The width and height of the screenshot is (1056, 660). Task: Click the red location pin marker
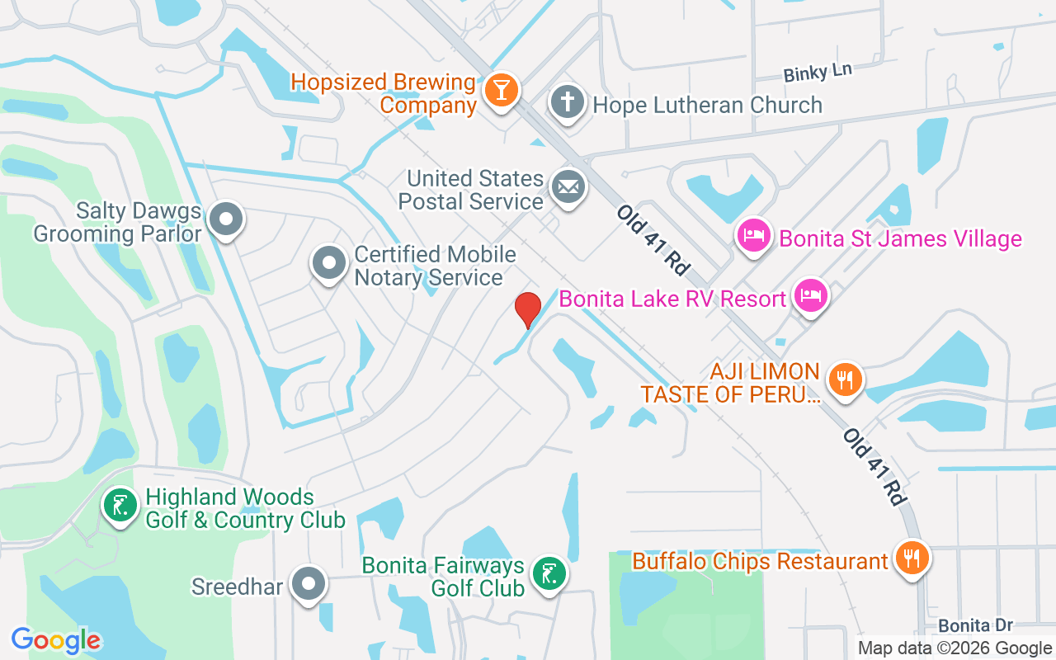tap(527, 309)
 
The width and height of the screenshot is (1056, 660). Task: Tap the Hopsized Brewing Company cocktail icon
tap(500, 88)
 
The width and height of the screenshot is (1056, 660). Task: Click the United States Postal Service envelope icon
tap(567, 187)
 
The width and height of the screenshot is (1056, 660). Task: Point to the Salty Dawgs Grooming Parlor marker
tap(225, 219)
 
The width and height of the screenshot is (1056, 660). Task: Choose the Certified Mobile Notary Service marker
tap(329, 264)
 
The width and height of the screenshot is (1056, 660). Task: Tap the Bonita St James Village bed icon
tap(753, 237)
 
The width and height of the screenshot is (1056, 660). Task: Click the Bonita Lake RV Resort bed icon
tap(811, 295)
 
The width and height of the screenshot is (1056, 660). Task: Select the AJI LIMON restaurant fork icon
tap(844, 380)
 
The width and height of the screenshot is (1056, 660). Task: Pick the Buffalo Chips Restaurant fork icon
tap(912, 558)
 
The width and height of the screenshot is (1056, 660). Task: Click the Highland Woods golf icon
tap(120, 506)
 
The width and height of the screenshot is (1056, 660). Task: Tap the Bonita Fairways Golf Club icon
tap(548, 574)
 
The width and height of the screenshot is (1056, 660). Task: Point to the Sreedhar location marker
tap(309, 584)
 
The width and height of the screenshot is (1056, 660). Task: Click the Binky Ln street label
tap(817, 73)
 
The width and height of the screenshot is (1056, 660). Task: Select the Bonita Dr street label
tap(975, 625)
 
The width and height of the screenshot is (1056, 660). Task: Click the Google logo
tap(56, 640)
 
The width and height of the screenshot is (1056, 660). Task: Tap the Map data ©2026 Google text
tap(955, 648)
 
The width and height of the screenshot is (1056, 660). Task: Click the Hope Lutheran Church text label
tap(707, 105)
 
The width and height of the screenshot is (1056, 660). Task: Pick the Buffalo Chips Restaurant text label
tap(760, 561)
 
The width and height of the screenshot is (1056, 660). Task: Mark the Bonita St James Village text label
tap(900, 239)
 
